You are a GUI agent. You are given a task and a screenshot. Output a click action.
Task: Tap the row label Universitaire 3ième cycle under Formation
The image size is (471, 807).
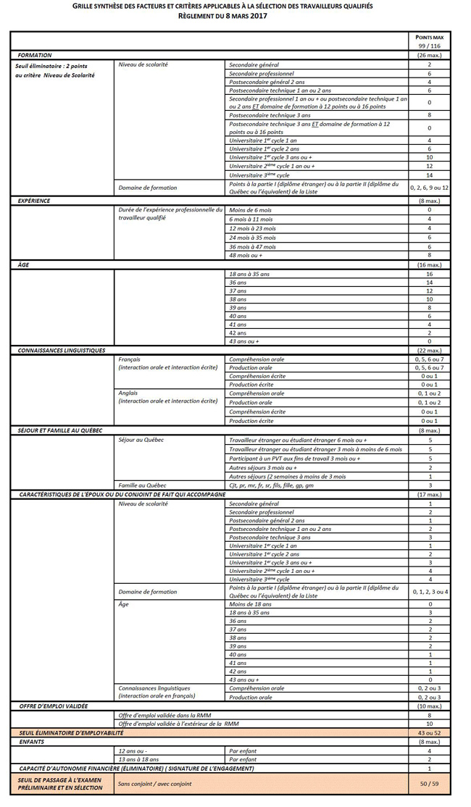(x=259, y=175)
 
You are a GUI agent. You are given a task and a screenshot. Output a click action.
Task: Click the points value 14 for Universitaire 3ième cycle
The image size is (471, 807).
(x=429, y=175)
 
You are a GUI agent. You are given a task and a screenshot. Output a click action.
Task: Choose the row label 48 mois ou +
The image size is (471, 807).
(x=246, y=255)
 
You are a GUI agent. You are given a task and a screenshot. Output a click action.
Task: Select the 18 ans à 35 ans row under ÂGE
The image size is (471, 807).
(x=249, y=275)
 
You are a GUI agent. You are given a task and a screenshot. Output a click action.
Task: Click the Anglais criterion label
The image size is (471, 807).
(x=128, y=393)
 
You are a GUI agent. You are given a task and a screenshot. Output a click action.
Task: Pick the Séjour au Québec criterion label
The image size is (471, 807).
(x=141, y=440)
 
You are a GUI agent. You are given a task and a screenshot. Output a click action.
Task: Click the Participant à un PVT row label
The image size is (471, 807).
(x=293, y=458)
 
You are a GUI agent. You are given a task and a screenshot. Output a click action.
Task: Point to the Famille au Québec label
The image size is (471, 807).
(x=142, y=485)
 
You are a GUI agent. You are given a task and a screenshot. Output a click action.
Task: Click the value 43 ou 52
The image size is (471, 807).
(x=429, y=733)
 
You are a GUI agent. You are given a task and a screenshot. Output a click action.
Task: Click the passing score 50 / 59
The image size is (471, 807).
(x=429, y=784)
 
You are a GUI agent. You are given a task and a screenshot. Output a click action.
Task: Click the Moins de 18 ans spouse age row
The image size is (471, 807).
(x=251, y=603)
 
